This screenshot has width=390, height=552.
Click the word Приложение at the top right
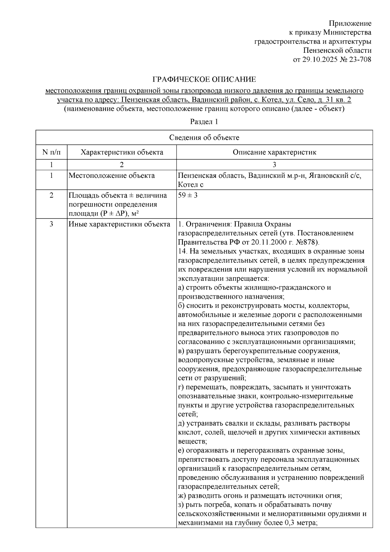pyautogui.click(x=350, y=23)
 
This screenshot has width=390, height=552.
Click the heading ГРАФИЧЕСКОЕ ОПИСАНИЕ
pyautogui.click(x=204, y=79)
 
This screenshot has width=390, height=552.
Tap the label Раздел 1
pyautogui.click(x=204, y=122)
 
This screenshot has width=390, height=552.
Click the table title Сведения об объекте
pyautogui.click(x=204, y=138)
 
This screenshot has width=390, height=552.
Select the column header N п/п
pyautogui.click(x=51, y=152)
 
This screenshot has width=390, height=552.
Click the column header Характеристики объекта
pyautogui.click(x=122, y=152)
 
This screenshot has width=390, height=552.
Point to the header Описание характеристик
pyautogui.click(x=274, y=152)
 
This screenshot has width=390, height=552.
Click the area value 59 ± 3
pyautogui.click(x=188, y=195)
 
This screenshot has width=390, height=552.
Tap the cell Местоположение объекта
pyautogui.click(x=111, y=176)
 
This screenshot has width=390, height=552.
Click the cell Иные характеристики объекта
pyautogui.click(x=119, y=224)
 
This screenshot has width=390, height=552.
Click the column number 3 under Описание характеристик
pyautogui.click(x=274, y=164)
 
